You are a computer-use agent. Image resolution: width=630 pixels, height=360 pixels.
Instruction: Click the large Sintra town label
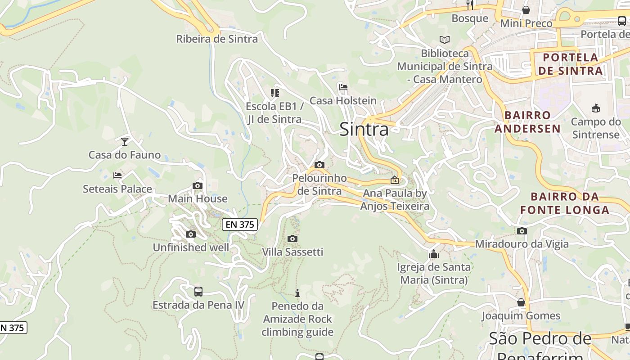click(364, 129)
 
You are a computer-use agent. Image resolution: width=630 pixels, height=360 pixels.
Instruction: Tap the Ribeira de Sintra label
click(217, 39)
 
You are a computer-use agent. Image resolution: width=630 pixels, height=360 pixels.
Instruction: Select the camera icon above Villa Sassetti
click(292, 238)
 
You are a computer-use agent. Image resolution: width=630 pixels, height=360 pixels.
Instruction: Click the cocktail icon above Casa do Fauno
click(125, 141)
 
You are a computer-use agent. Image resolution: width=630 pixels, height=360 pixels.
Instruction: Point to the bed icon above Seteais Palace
click(117, 175)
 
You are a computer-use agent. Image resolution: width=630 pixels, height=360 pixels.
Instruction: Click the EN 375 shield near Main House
click(240, 225)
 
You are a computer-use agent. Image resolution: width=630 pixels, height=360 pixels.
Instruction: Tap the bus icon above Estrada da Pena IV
click(198, 291)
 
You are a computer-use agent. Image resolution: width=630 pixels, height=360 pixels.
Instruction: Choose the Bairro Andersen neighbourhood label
click(527, 122)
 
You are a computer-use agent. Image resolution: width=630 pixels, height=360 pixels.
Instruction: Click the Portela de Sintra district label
click(570, 64)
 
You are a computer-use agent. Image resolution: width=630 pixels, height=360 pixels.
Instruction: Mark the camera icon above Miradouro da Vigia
click(522, 231)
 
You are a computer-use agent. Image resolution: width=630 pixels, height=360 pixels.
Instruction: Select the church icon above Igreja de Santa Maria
click(434, 254)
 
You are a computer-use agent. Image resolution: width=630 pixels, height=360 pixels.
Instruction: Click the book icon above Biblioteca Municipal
click(444, 40)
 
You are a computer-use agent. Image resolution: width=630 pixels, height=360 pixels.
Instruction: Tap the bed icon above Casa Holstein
click(343, 87)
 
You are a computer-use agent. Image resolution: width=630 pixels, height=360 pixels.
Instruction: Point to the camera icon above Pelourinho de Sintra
click(319, 165)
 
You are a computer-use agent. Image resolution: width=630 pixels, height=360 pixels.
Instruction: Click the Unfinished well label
click(191, 247)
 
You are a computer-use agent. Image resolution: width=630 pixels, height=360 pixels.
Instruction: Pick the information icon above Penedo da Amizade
click(297, 293)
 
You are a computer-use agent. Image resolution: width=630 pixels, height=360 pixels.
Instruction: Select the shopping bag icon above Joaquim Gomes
click(521, 302)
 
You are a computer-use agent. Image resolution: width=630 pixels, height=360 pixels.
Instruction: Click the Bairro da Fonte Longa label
click(565, 203)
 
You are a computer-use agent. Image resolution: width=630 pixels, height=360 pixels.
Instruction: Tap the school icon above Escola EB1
click(274, 93)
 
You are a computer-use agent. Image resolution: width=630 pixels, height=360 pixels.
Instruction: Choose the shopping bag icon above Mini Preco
click(526, 10)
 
